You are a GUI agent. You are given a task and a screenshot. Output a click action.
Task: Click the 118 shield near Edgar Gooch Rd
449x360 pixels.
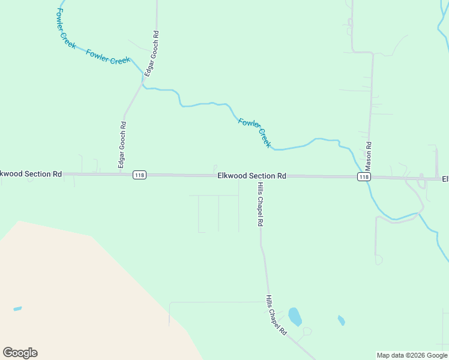139,175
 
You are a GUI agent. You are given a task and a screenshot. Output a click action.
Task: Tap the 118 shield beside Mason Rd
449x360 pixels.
363,176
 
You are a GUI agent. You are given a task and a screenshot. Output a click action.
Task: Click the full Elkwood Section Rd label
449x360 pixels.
252,176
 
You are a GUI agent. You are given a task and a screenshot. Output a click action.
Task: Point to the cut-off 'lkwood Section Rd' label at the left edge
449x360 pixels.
31,174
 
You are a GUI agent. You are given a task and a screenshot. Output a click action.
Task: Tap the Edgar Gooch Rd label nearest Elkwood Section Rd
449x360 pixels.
122,145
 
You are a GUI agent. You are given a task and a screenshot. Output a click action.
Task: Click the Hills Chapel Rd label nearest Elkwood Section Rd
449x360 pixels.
261,205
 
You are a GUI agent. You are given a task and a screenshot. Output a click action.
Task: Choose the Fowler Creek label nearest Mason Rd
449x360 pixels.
255,133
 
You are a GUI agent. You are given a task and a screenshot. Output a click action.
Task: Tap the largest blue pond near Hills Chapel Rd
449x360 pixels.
295,316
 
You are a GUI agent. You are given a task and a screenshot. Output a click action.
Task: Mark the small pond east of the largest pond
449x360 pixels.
342,320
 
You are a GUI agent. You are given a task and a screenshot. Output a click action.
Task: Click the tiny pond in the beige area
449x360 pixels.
17,309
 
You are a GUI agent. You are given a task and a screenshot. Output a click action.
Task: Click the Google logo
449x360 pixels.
20,353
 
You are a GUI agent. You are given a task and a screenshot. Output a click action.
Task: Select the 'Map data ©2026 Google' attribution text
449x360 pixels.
412,355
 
